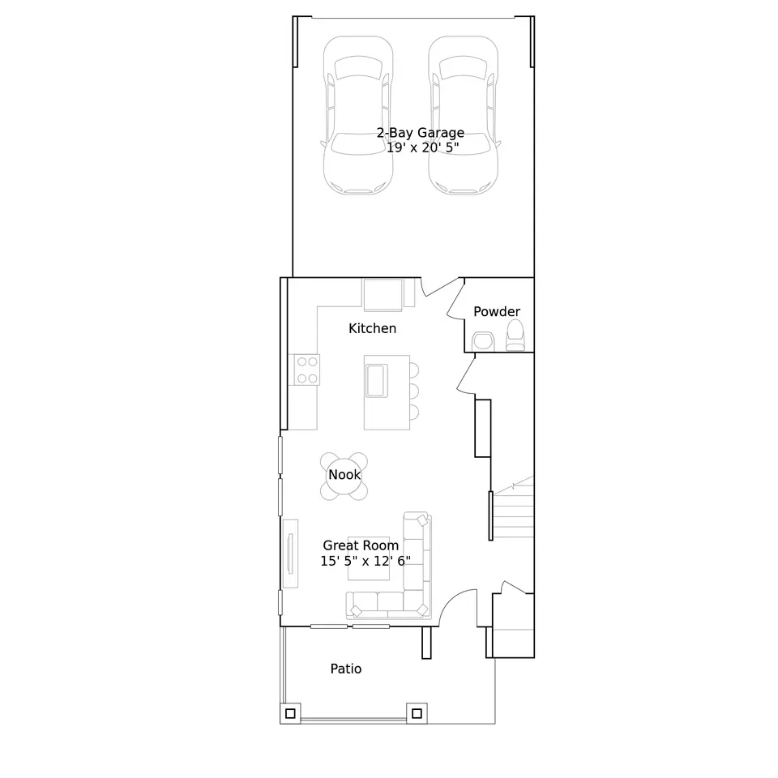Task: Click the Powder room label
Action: [x=497, y=311]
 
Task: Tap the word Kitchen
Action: [x=372, y=328]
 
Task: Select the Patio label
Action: [x=346, y=669]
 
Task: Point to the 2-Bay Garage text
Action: [x=421, y=132]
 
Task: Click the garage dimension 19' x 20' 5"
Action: [x=423, y=147]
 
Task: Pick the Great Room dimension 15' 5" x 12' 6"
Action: [x=365, y=561]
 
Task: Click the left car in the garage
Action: [x=358, y=115]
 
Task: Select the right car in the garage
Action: [x=463, y=115]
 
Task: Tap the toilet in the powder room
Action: [x=515, y=335]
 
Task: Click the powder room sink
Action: [x=483, y=341]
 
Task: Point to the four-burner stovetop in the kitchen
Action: [x=306, y=370]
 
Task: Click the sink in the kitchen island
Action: [x=377, y=381]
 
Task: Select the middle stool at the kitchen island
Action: [x=414, y=391]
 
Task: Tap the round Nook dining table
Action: [x=344, y=476]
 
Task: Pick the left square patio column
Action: [x=290, y=713]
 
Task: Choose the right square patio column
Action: [x=417, y=713]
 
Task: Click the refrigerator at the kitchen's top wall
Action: [x=383, y=295]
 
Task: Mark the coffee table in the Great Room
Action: [x=369, y=558]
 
